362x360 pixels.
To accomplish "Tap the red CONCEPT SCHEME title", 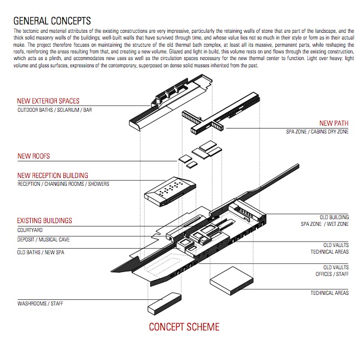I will click(184, 327).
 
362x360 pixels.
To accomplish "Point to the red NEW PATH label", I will click(334, 124).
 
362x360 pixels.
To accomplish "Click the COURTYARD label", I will click(30, 230).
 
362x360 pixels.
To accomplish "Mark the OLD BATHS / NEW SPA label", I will click(42, 252).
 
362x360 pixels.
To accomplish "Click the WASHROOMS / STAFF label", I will click(41, 304).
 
